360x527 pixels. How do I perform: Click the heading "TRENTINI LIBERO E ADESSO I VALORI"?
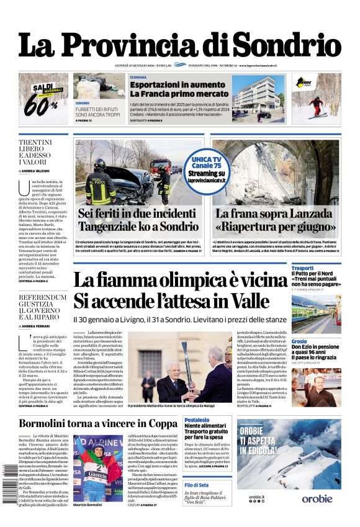(35, 152)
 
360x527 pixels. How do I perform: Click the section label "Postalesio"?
(197, 420)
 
